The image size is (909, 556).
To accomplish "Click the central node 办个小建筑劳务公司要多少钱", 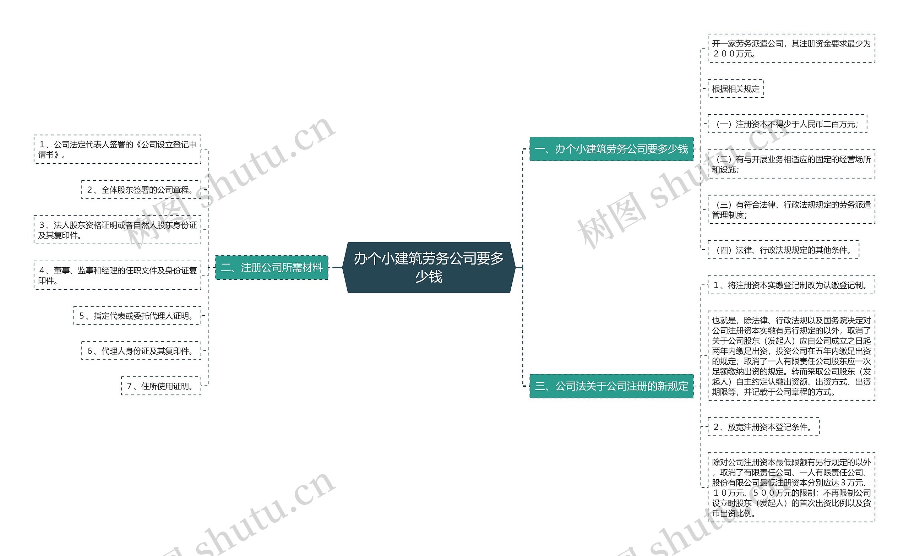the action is pos(429,267).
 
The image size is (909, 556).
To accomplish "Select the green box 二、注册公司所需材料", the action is pos(272,267).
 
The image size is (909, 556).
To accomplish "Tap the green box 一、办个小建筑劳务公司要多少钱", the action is pos(611,149).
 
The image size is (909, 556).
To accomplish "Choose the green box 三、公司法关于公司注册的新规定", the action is pos(611,386).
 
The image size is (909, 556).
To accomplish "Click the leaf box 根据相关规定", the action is pos(736,89).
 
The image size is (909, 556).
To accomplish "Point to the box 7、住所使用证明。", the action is pos(161,386).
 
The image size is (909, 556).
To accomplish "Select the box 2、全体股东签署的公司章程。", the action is pos(141,190).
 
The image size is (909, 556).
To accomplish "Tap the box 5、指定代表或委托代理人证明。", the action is pos(137,316).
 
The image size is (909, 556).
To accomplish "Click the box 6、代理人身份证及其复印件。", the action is pos(141,351).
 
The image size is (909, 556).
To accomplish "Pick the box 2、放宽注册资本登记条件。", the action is pos(763,427).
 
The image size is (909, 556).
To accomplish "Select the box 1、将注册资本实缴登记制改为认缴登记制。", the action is pos(791,285).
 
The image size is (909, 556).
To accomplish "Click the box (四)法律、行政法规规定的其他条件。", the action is pos(783,250).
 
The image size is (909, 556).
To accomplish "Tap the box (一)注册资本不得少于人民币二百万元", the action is pos(787,124).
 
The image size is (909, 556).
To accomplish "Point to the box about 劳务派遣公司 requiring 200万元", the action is pos(791,48).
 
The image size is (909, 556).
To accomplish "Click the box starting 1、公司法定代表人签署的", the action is pos(117,149).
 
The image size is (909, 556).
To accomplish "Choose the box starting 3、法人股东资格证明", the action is pos(117,230).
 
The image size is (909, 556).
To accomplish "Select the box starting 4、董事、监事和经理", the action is pos(117,275).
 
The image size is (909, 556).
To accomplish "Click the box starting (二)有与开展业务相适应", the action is pos(791,164).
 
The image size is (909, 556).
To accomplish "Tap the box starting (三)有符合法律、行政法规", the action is pos(791,209).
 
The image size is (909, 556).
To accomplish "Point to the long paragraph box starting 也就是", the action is pos(791,356).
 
